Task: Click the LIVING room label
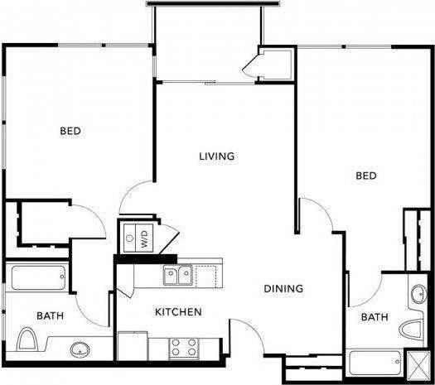coord(217,156)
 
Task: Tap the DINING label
coord(283,289)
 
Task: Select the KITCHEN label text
coord(179,312)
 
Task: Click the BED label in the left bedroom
coord(70,131)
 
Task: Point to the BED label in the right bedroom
coord(366,176)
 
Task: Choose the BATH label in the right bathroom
coord(375,317)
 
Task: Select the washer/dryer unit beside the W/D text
coord(130,238)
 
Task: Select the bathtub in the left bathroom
coord(38,277)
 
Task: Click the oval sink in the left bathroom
coord(80,349)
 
